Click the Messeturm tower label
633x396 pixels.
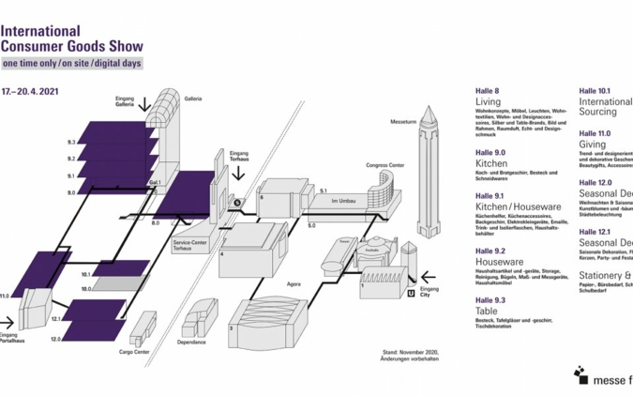[403, 122]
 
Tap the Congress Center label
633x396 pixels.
[384, 163]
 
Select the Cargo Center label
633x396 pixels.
[136, 354]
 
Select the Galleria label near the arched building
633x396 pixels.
[193, 98]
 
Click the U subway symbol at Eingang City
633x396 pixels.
[410, 294]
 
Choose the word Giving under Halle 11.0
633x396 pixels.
[593, 145]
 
